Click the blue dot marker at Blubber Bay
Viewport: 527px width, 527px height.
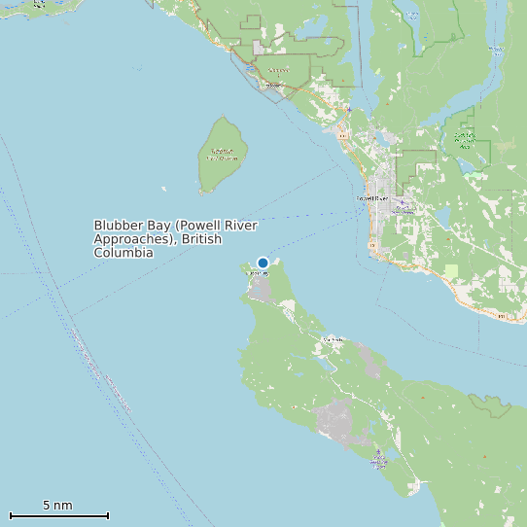click(x=263, y=263)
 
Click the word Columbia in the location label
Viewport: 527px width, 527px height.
click(x=123, y=253)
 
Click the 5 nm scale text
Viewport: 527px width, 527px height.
click(x=57, y=506)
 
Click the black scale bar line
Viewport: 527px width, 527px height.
click(x=58, y=515)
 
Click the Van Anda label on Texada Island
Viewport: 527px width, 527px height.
click(x=334, y=339)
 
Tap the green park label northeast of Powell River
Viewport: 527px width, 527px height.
click(x=465, y=138)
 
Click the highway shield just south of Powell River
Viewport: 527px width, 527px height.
click(x=372, y=245)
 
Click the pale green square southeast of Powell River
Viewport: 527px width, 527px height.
click(x=450, y=270)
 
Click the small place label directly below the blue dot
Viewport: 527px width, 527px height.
click(x=258, y=274)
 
